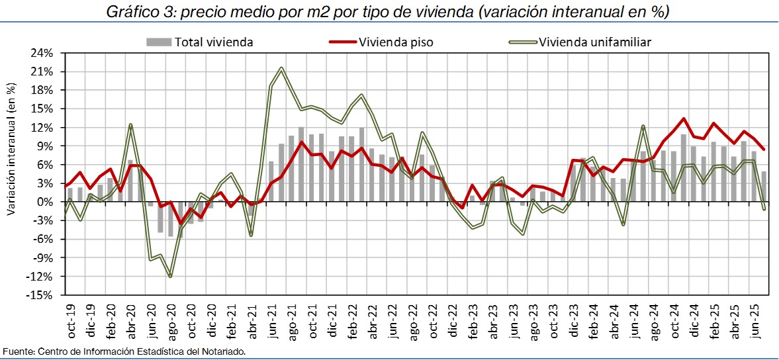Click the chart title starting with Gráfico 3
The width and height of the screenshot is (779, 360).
coord(389,11)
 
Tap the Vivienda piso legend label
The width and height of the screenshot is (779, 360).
coord(396,42)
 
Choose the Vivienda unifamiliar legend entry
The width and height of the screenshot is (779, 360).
coord(595,42)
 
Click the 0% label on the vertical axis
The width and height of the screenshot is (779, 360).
coord(46,202)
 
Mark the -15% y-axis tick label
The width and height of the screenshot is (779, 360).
coord(41,295)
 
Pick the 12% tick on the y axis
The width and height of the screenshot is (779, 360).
coord(42,128)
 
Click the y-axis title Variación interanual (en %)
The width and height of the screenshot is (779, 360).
coord(10,149)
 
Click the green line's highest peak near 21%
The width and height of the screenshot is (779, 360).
coord(282,67)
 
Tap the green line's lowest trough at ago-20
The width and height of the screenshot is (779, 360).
coord(170,276)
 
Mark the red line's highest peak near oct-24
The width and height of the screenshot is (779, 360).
coord(684,118)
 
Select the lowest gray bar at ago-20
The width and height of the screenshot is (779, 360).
coord(170,219)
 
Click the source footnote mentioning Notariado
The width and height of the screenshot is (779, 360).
coord(124,351)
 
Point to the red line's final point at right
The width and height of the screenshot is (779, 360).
coord(764,150)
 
